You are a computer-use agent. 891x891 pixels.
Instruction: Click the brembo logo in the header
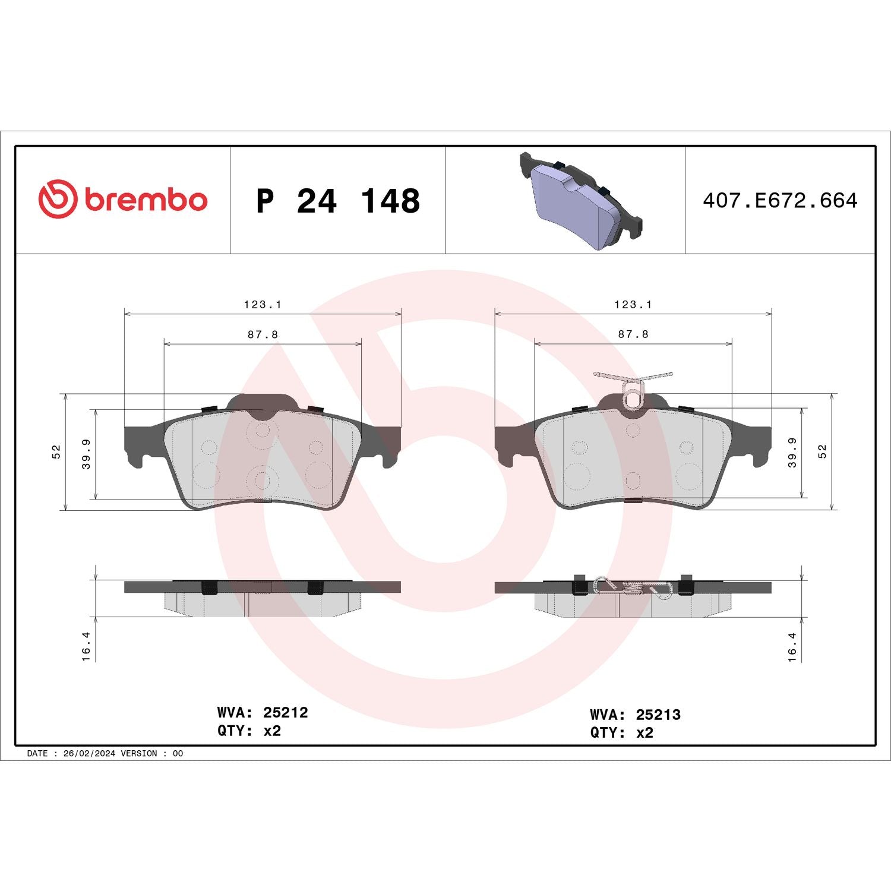click(x=123, y=199)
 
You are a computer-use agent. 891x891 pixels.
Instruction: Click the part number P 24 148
click(x=337, y=201)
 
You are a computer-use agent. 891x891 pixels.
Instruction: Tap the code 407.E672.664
click(x=779, y=200)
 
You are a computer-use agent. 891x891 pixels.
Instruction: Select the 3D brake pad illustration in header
click(x=580, y=201)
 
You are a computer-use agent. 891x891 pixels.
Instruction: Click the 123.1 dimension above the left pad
click(x=263, y=304)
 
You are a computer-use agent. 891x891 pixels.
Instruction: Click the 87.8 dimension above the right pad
click(x=633, y=334)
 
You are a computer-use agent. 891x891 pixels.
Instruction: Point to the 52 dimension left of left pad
click(x=56, y=451)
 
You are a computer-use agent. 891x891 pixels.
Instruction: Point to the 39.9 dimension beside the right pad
click(x=792, y=453)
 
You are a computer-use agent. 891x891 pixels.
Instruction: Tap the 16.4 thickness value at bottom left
click(x=86, y=646)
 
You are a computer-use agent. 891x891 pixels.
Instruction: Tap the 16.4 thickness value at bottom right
click(x=792, y=646)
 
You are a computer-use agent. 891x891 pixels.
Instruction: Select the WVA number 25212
click(x=285, y=712)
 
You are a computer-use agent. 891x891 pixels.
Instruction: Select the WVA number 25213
click(x=658, y=715)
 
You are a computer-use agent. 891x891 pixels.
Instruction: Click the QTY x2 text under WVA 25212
click(x=249, y=731)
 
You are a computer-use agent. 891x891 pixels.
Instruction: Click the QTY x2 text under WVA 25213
click(x=621, y=733)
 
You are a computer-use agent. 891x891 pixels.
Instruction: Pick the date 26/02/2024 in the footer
click(x=89, y=753)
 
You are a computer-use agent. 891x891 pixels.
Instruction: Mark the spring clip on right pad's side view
click(x=633, y=587)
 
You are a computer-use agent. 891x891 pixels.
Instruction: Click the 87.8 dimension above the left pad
click(x=263, y=334)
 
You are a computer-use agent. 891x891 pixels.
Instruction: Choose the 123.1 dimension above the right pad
click(x=633, y=304)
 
